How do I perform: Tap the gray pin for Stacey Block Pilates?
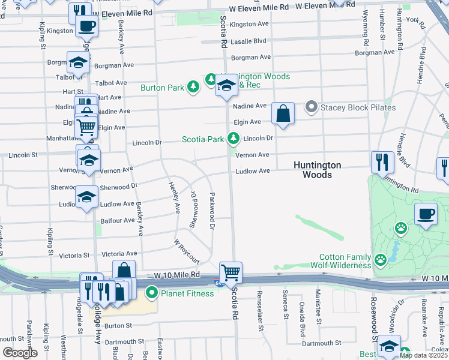tap(311, 107)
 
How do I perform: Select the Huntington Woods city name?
tap(317, 170)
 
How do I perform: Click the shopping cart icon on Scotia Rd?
tap(231, 272)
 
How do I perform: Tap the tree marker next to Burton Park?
tap(193, 88)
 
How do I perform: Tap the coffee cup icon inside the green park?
tap(426, 214)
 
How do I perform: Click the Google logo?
tap(20, 353)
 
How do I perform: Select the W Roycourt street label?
tap(186, 251)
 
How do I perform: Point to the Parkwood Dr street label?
tap(212, 211)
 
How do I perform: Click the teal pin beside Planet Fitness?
tap(152, 293)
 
